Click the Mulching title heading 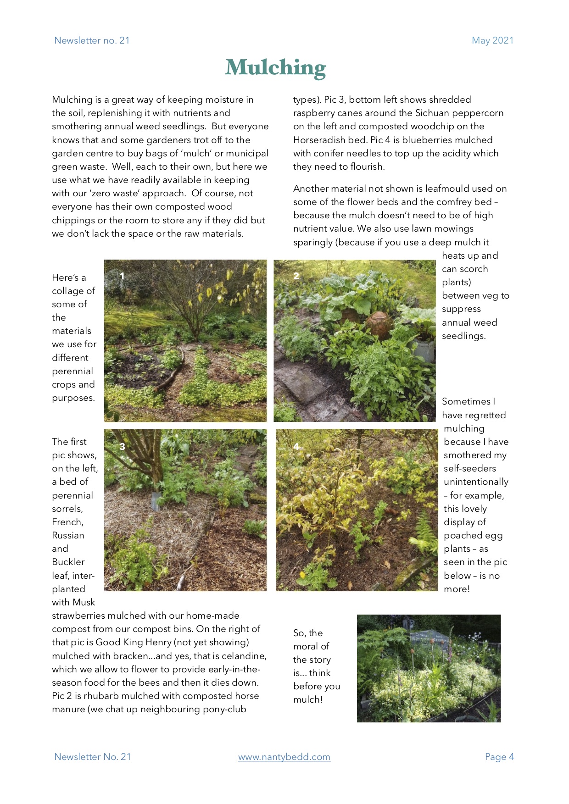tap(275, 68)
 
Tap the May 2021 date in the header tap(492, 40)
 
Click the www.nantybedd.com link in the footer tap(284, 757)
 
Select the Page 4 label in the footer tap(499, 757)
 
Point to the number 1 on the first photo tap(122, 276)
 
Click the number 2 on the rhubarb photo tap(296, 276)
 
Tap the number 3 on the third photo tap(122, 446)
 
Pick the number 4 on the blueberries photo tap(296, 446)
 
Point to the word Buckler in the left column tap(68, 562)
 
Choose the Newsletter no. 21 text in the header tap(92, 40)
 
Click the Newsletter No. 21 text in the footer tap(92, 757)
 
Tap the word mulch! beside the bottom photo tap(308, 699)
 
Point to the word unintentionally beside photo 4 tap(476, 482)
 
